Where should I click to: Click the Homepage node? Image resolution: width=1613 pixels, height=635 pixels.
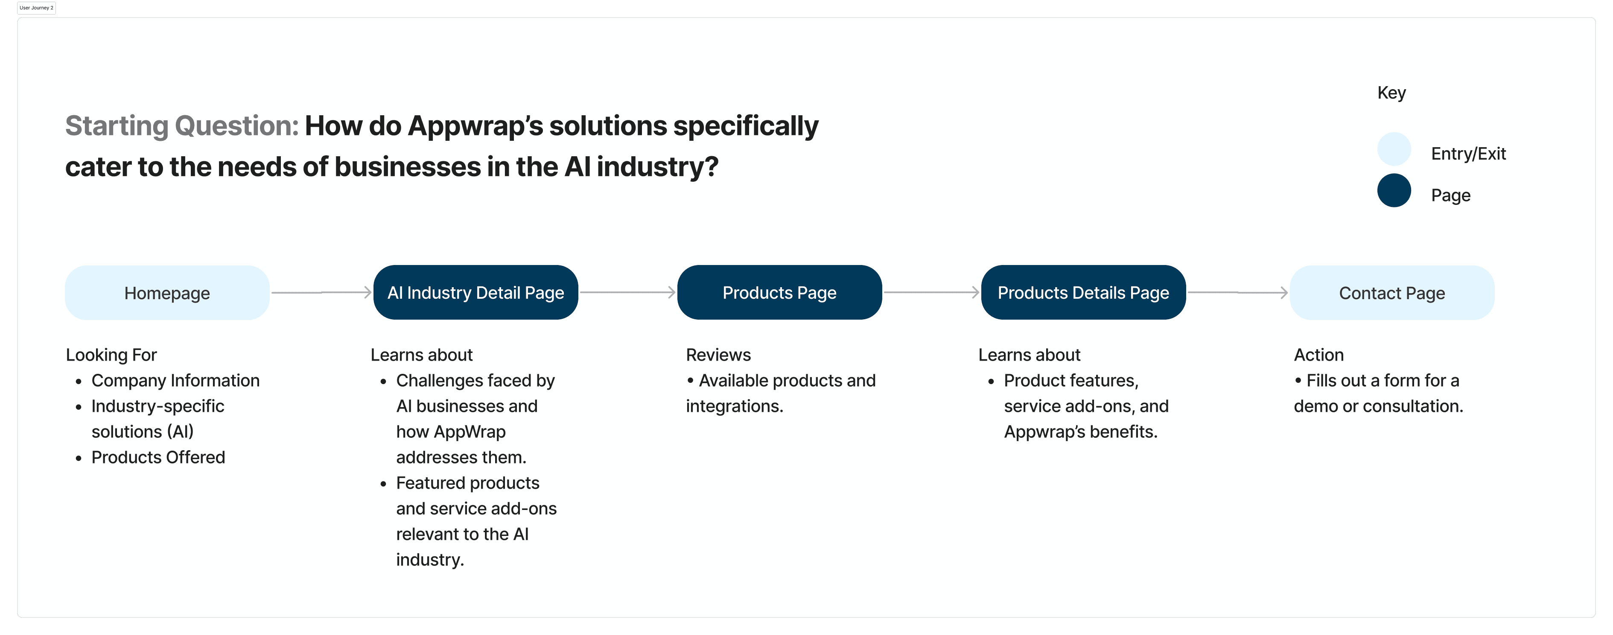pos(167,292)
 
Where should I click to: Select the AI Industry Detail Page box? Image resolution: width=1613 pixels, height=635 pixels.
pos(476,292)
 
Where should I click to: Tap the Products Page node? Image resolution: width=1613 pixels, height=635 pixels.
pos(779,292)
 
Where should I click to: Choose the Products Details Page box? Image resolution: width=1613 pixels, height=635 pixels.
pos(1083,292)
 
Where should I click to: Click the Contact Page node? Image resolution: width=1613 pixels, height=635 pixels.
pos(1392,292)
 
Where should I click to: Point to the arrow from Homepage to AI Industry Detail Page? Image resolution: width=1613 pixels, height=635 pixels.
pos(321,292)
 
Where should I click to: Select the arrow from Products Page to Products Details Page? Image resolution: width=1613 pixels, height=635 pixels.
pos(932,292)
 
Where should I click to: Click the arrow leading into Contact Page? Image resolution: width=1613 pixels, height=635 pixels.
pos(1238,292)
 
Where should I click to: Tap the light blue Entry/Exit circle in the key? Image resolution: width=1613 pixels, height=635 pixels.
pos(1394,149)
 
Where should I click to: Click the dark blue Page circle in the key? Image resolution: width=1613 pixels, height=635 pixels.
pos(1394,190)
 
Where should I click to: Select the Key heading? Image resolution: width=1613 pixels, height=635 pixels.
pos(1391,93)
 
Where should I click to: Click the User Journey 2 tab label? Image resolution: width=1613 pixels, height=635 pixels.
pos(36,8)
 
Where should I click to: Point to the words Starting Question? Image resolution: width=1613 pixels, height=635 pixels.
pos(181,126)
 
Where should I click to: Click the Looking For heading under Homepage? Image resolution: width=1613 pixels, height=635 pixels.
pos(111,355)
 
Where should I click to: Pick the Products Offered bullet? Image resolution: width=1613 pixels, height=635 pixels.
pos(158,457)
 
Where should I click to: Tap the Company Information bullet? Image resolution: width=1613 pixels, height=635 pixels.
pos(175,381)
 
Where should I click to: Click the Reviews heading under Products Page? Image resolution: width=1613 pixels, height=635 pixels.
pos(718,355)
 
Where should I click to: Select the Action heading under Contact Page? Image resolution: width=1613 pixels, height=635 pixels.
pos(1319,355)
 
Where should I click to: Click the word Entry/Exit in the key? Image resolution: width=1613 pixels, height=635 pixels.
pos(1468,154)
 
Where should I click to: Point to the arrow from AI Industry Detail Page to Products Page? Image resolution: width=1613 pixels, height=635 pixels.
pos(627,292)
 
